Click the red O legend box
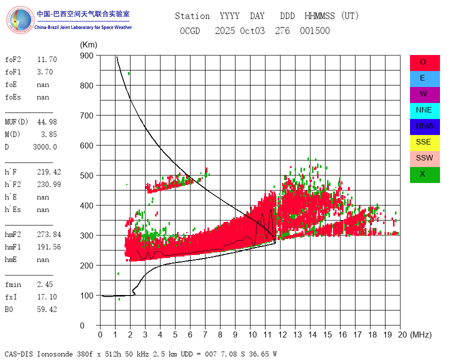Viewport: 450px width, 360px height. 424,62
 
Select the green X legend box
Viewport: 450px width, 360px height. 424,174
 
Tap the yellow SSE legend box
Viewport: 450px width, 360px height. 424,142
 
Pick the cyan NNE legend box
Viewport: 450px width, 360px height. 424,110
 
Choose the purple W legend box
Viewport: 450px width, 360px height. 424,94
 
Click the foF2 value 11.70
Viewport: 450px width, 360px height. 47,59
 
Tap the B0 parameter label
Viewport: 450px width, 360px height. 9,309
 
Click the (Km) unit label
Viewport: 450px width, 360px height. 88,45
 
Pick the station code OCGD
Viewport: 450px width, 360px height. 189,31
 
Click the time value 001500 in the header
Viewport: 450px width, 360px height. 314,31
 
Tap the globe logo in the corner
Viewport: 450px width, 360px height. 19,20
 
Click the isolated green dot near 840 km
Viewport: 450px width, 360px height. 128,73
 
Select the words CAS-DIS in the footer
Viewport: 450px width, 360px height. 19,354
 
